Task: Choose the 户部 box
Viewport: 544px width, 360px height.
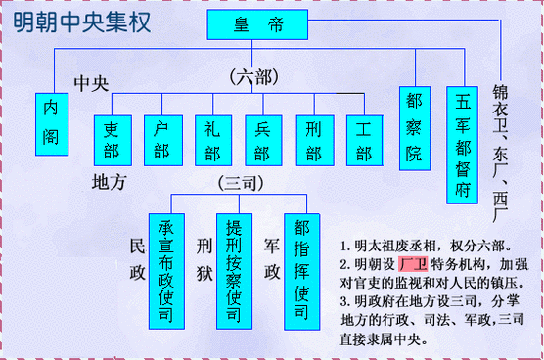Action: (x=161, y=140)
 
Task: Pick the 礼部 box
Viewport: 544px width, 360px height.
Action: (x=212, y=140)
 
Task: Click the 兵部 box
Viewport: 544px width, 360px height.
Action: (x=262, y=140)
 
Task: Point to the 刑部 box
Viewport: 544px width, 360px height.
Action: (x=313, y=140)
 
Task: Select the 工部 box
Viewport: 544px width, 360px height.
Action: (x=364, y=140)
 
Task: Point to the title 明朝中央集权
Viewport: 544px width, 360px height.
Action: (x=82, y=22)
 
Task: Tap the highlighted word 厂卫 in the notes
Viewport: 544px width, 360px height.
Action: (x=414, y=265)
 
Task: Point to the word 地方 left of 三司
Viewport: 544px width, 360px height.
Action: (x=109, y=183)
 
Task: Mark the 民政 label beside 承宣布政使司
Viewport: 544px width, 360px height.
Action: (x=137, y=257)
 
